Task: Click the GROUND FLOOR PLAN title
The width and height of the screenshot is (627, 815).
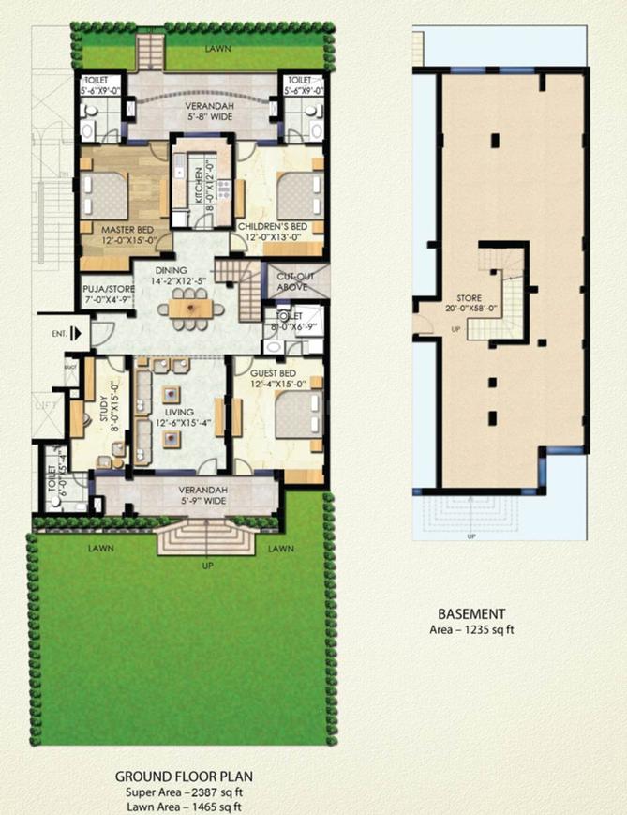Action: pyautogui.click(x=185, y=777)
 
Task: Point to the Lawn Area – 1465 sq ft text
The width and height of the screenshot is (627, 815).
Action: pyautogui.click(x=185, y=804)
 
